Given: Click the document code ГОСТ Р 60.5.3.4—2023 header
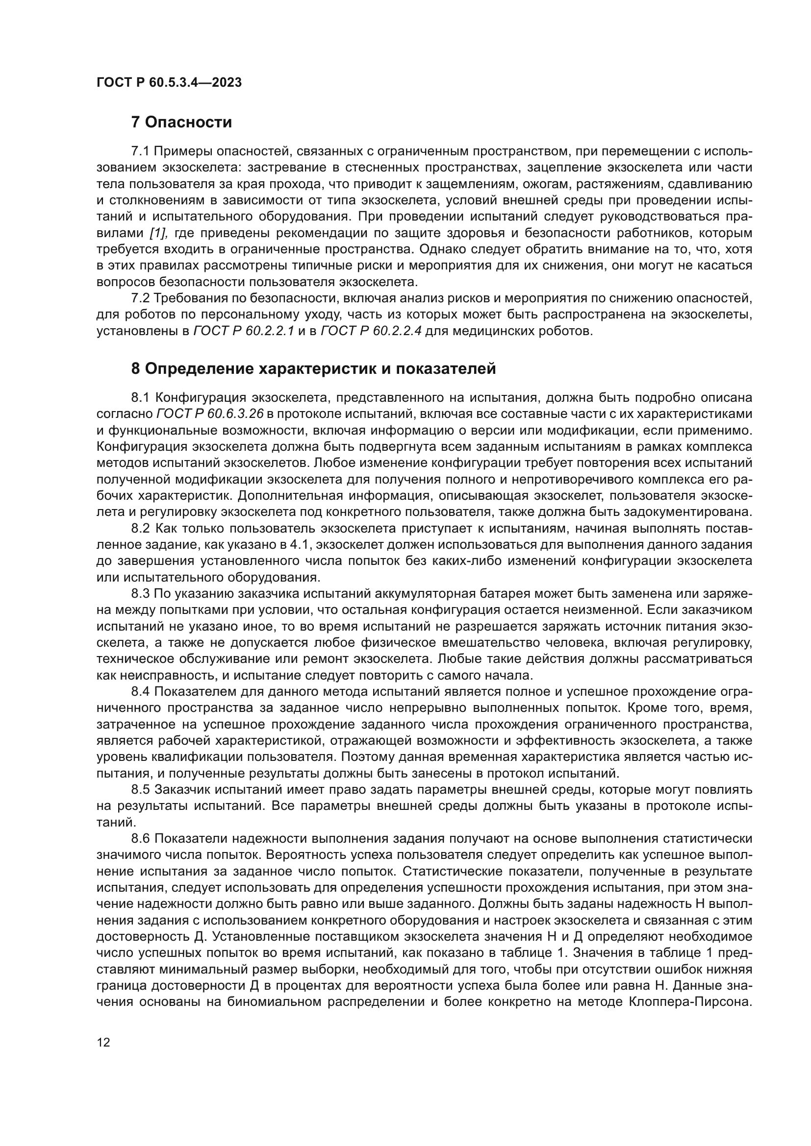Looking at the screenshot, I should tap(169, 82).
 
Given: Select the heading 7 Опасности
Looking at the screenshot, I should tap(182, 122).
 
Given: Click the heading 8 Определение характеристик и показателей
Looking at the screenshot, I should tap(314, 368).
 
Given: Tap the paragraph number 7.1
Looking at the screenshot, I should tap(140, 151).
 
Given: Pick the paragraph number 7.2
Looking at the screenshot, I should tap(140, 298).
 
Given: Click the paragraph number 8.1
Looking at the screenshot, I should tap(140, 397).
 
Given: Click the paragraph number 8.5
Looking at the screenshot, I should tap(140, 790).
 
